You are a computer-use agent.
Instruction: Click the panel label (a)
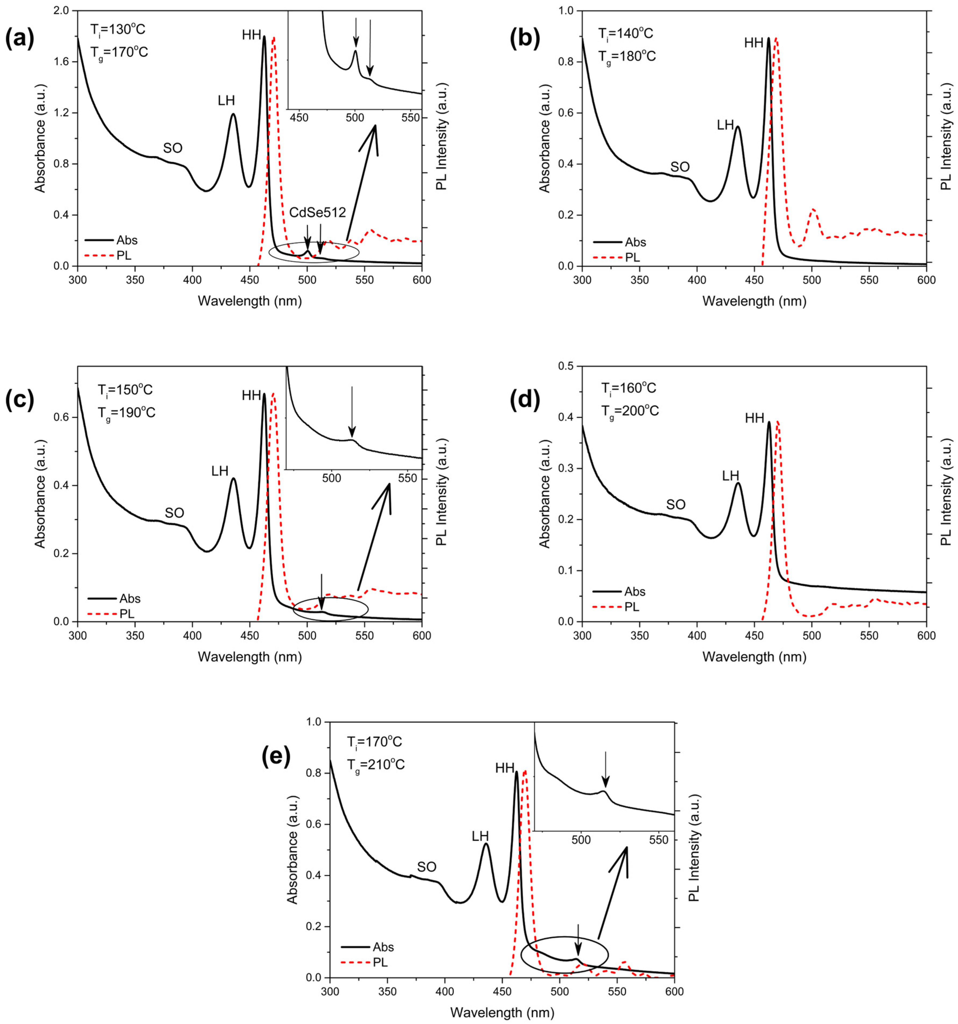(20, 40)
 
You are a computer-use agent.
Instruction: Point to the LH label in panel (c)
(220, 471)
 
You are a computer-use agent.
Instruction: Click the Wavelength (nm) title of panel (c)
(250, 657)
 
